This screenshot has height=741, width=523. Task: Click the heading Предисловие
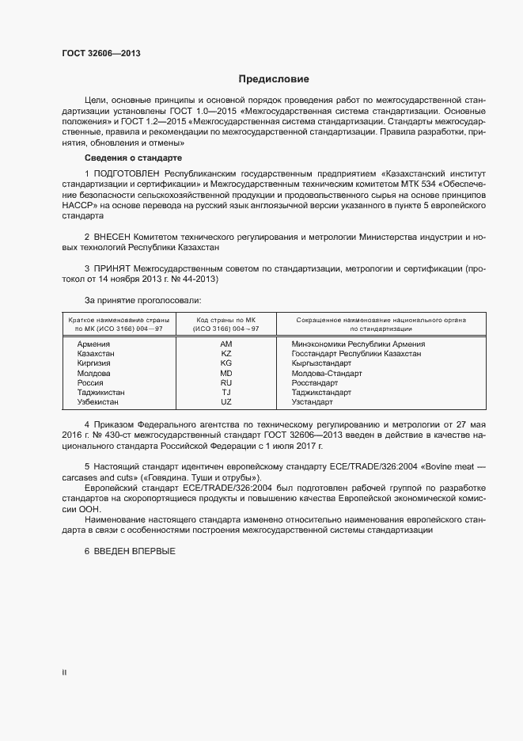pos(274,79)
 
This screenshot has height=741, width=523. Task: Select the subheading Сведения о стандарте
pos(122,158)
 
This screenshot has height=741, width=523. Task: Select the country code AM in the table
pos(225,344)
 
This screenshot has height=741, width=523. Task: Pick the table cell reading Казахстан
pos(96,354)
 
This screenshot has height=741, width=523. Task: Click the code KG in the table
pos(225,363)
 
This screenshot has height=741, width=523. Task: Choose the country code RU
pos(225,382)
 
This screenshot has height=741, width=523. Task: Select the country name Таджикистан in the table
pos(100,392)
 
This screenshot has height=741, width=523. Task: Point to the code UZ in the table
pos(225,401)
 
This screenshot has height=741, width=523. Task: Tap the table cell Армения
pos(93,344)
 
